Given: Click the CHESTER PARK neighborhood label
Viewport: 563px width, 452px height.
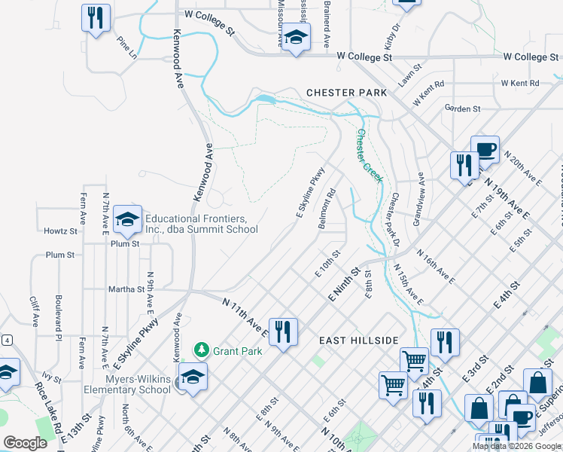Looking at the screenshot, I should pyautogui.click(x=346, y=93).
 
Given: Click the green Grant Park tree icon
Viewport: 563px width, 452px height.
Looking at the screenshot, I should pyautogui.click(x=201, y=350).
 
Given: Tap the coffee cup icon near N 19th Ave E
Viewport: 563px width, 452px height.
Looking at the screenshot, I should pyautogui.click(x=485, y=149).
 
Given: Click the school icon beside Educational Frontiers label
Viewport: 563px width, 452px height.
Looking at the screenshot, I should pyautogui.click(x=127, y=219).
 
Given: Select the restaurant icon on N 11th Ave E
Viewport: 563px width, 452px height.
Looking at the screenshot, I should pyautogui.click(x=283, y=331).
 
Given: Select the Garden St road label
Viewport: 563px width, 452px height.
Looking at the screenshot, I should pyautogui.click(x=462, y=109).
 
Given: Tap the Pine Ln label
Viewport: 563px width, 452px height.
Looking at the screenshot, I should pyautogui.click(x=127, y=47).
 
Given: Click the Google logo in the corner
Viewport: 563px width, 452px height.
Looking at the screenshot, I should pyautogui.click(x=26, y=443).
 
